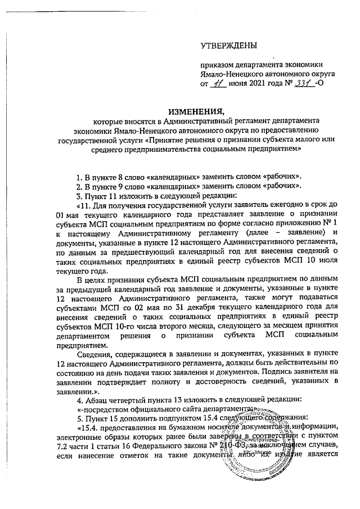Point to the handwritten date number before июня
coord(217,83)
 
